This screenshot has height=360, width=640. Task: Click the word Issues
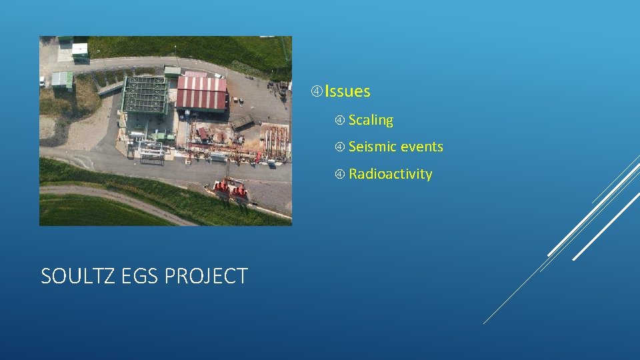coord(347,91)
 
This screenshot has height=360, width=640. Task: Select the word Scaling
coord(371,120)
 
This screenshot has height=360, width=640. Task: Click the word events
coord(421,147)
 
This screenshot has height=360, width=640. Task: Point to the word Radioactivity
coord(390,174)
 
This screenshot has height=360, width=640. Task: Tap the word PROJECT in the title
coord(212,276)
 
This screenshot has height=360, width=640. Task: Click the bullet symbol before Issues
coord(317,91)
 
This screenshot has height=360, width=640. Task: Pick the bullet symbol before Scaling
coord(339,121)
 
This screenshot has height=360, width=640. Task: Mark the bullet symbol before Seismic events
coord(339,147)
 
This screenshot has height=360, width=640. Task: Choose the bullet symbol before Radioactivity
coord(339,175)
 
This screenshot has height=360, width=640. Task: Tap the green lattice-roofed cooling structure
coord(145,95)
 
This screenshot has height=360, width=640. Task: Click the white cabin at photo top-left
coord(80,49)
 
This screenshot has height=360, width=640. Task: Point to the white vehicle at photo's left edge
coord(43,81)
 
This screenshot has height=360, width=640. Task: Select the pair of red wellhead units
coord(230,189)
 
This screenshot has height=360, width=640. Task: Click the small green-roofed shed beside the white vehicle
coord(61,80)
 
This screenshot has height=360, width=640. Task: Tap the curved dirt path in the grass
coord(120,199)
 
